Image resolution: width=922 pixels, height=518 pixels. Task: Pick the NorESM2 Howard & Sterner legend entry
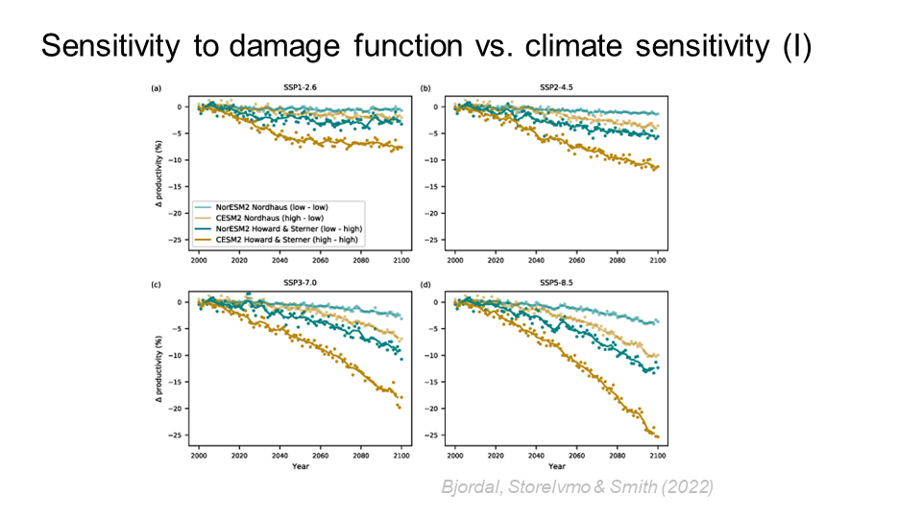[272, 228]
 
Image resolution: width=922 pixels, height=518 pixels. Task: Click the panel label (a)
[156, 89]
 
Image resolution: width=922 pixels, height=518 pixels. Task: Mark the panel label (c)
[156, 285]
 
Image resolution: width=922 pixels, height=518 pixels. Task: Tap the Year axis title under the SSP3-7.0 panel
[301, 467]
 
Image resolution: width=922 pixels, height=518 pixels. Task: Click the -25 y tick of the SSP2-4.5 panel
[438, 240]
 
